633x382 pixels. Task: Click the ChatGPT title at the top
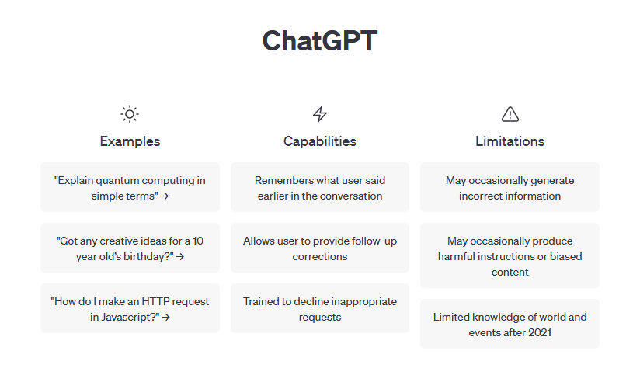319,41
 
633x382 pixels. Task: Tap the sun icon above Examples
130,114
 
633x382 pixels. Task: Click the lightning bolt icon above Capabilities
320,114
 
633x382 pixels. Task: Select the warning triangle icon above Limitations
510,114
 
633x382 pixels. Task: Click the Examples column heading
130,141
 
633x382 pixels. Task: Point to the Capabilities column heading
320,141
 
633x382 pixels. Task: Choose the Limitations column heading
510,141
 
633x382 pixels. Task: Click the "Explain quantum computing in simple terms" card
130,188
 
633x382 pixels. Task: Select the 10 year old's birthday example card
130,248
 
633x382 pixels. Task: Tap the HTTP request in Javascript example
130,309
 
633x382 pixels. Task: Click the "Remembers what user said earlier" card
320,188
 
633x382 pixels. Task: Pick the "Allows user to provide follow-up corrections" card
320,248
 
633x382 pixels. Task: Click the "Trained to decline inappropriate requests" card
320,309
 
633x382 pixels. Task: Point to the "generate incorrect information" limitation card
510,188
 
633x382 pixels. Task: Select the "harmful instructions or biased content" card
510,256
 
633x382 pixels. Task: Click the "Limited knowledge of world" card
510,325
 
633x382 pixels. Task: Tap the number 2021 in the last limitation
542,332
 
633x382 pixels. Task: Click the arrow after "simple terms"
165,196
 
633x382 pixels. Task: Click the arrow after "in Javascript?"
166,318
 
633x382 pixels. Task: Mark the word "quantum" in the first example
118,180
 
